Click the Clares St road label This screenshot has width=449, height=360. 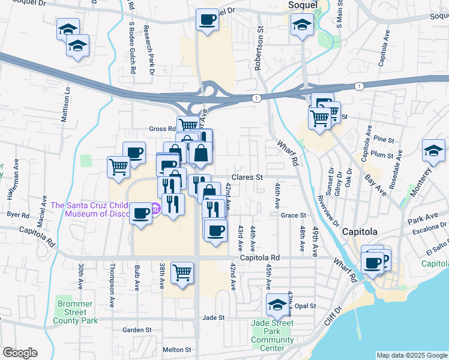tap(248, 178)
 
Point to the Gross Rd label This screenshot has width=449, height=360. tap(161, 129)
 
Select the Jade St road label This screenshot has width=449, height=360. tap(213, 317)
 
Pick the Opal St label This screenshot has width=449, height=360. tap(306, 306)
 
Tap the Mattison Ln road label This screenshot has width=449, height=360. tap(67, 105)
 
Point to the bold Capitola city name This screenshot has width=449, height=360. tap(360, 232)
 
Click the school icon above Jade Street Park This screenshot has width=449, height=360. tap(277, 305)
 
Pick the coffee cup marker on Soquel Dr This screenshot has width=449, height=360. tap(208, 20)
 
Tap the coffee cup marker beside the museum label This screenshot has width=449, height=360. tap(142, 213)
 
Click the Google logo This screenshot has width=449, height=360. tap(20, 353)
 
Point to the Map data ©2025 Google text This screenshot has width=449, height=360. tap(412, 355)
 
